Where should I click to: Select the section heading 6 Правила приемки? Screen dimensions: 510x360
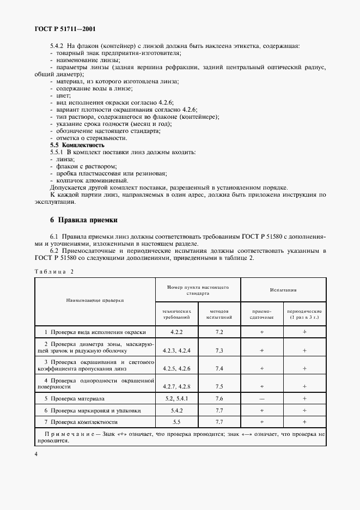point(80,220)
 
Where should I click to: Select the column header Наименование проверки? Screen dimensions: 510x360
point(95,300)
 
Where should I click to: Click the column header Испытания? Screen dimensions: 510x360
point(283,289)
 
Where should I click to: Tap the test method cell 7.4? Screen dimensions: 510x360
point(219,368)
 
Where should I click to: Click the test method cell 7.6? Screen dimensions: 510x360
point(219,399)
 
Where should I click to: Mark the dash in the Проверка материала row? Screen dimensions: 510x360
point(262,399)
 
